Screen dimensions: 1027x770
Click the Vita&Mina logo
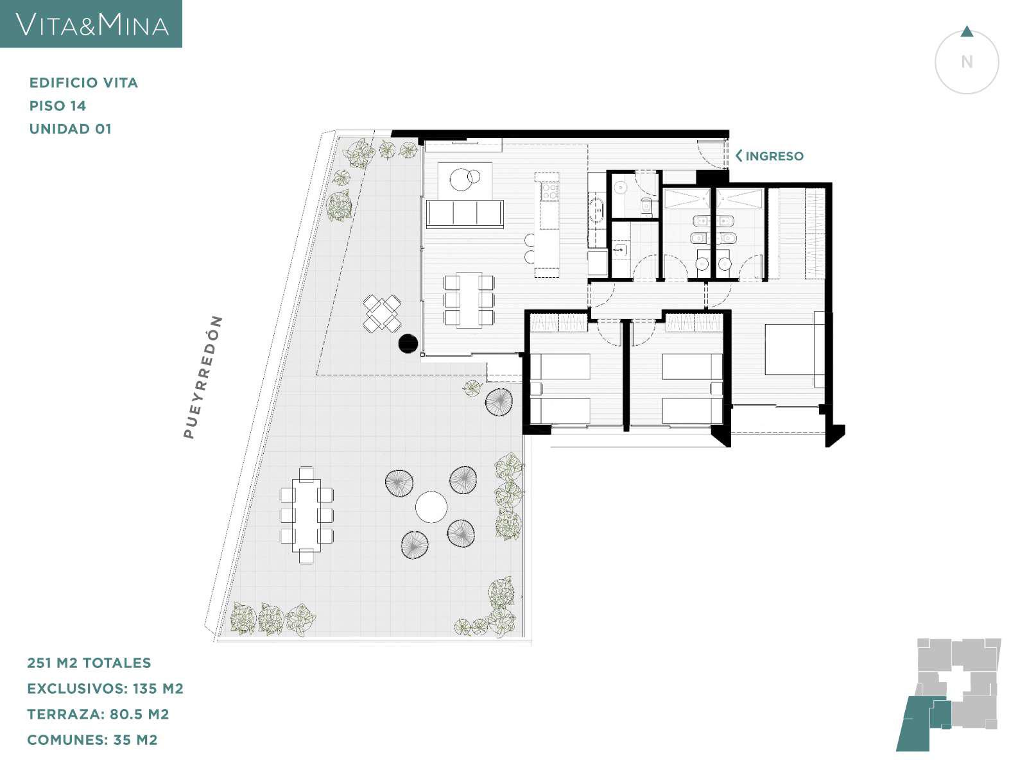tap(91, 24)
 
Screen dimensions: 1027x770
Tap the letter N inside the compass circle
tap(967, 62)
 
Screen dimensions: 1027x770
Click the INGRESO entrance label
tap(774, 156)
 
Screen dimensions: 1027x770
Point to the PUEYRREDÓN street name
tap(203, 377)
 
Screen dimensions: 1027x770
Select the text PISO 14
tap(58, 106)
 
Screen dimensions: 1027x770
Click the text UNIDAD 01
tap(70, 128)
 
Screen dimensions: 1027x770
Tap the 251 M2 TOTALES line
tap(89, 662)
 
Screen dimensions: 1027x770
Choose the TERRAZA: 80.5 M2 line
tap(98, 714)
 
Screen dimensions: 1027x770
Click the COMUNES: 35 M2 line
tap(92, 740)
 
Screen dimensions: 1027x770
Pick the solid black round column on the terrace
tap(408, 343)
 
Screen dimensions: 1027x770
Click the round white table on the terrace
tap(431, 507)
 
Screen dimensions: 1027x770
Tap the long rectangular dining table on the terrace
tap(306, 515)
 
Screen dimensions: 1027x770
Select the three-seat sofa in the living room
tap(465, 214)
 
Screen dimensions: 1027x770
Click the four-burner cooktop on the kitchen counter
tap(549, 191)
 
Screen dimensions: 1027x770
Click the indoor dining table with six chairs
tap(469, 300)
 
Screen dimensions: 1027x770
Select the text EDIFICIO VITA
tap(83, 83)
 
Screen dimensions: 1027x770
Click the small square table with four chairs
tap(383, 313)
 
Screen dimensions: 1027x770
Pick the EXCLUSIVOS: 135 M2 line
tap(105, 688)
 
